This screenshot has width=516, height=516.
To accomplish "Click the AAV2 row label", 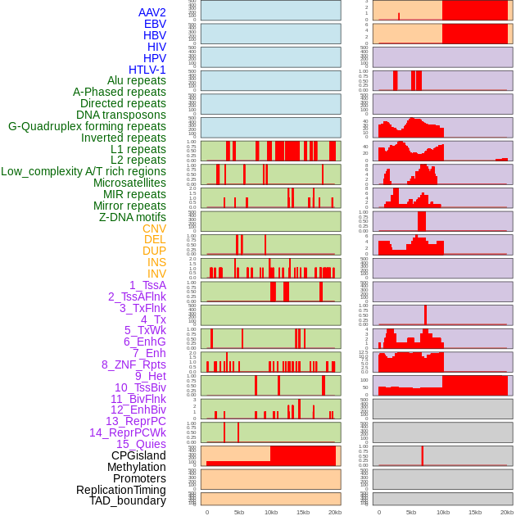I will pos(152,12).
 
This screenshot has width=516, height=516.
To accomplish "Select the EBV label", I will pos(155,24).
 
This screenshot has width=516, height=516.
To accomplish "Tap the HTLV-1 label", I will pos(147,70).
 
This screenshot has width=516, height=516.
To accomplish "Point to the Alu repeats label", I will pos(137,80).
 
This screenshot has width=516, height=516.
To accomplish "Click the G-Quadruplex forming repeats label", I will pos(87,126).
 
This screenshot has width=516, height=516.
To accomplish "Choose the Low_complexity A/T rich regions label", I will pos(84,171).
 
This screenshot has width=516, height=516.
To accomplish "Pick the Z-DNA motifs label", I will pos(133,217).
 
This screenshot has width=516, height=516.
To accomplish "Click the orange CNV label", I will pos(154,229).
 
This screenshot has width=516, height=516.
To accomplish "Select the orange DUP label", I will pos(154,251).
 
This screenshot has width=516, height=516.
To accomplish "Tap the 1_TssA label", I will pos(147,285).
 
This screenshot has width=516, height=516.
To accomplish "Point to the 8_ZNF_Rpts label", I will pos(134,364).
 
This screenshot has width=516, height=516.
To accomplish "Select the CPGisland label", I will pos(138,455).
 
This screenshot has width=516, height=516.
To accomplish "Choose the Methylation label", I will pos(136,467).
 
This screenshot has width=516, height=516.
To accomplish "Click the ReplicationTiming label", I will pos(121,490).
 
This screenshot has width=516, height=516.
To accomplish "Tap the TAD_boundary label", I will pos(128,500).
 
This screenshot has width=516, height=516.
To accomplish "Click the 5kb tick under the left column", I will pos(239,512).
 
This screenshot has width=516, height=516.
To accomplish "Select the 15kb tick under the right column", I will pos(475,512).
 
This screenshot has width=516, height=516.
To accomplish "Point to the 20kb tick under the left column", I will pos(335,512).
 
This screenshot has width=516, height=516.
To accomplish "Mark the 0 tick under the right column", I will pos(378,512).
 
